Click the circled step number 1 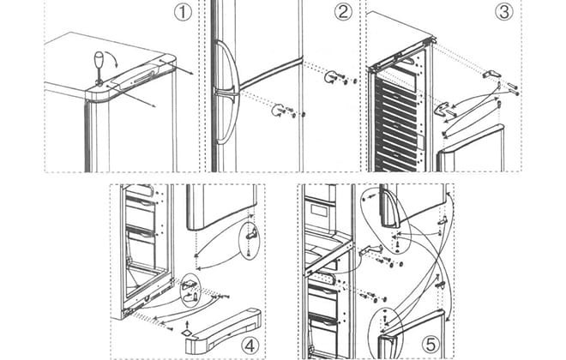tap(181, 13)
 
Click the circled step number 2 tap(342, 13)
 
